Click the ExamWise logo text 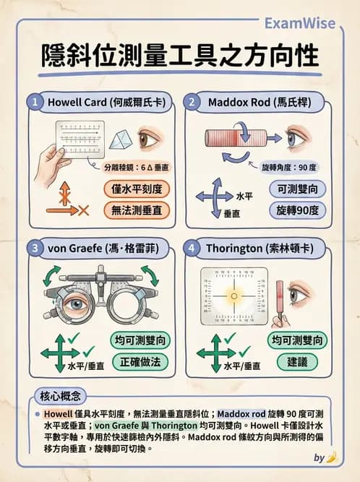(x=299, y=23)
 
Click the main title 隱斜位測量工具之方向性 (x=179, y=56)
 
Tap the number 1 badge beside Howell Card (x=34, y=102)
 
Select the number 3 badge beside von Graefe (x=34, y=248)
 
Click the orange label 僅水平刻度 (x=136, y=189)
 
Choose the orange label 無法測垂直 (x=136, y=210)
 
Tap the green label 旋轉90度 (x=297, y=210)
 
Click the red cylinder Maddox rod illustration (x=225, y=138)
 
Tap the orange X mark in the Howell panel (x=83, y=210)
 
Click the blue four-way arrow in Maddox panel (x=215, y=196)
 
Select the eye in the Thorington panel (x=299, y=295)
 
